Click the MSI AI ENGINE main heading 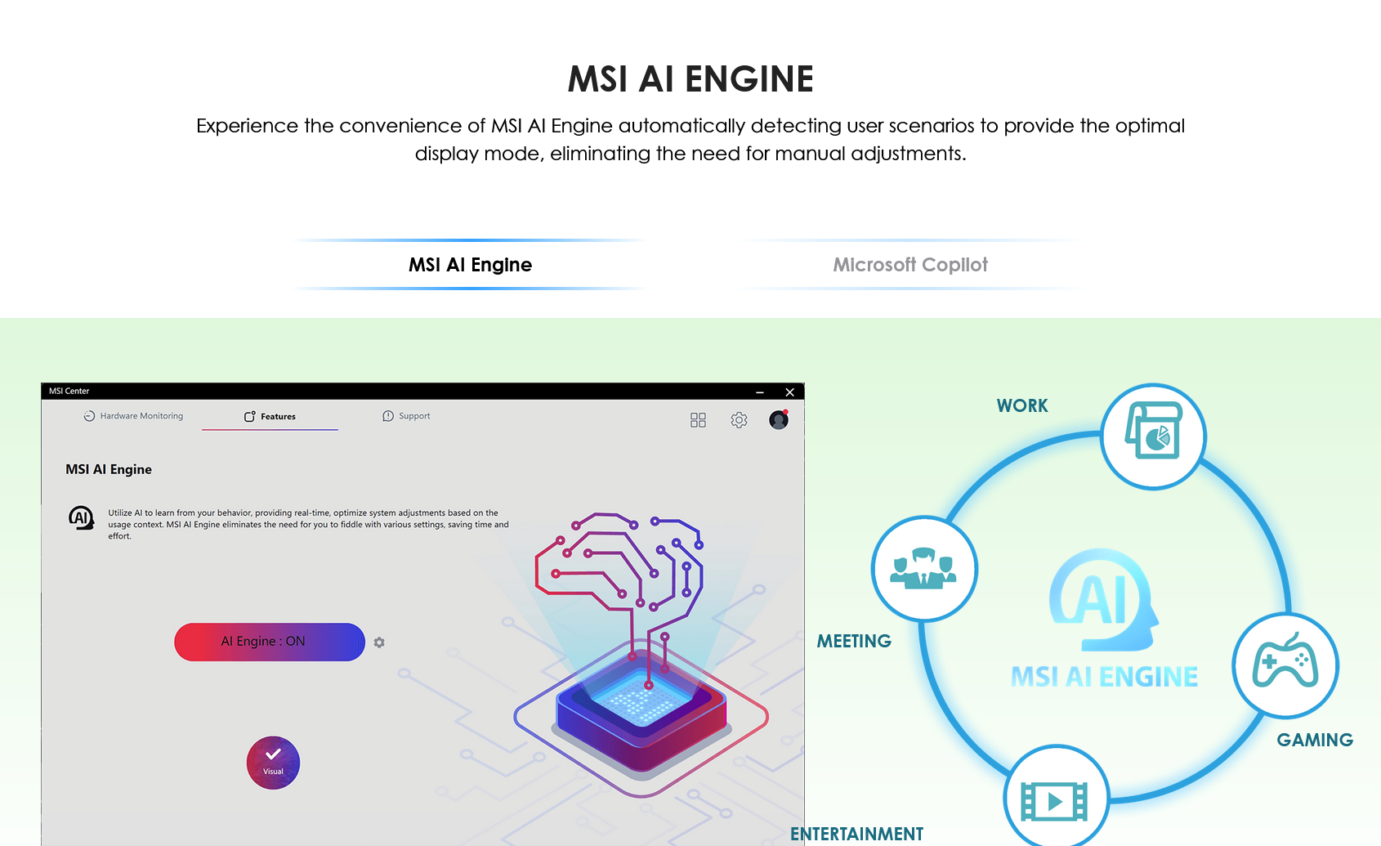[x=690, y=79]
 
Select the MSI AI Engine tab [x=470, y=265]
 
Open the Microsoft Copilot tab [x=910, y=265]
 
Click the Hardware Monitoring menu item [x=133, y=416]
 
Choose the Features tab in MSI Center [x=270, y=417]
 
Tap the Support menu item [x=406, y=416]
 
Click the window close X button [x=789, y=392]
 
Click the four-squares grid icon [x=698, y=420]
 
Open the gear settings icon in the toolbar [x=739, y=420]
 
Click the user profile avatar [x=779, y=419]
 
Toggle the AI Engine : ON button [x=270, y=642]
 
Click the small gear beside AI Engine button [x=379, y=642]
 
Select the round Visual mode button [x=273, y=763]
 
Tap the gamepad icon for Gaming [x=1285, y=665]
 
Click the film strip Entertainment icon [x=1056, y=800]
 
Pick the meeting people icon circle [x=923, y=568]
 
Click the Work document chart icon [x=1153, y=435]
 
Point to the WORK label [x=1022, y=405]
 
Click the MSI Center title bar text [x=69, y=392]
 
